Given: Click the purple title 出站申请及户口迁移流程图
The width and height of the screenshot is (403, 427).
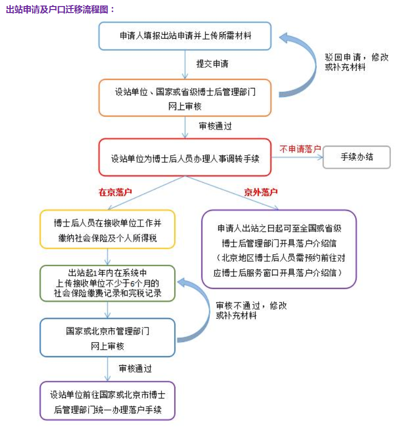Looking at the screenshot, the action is point(60,10).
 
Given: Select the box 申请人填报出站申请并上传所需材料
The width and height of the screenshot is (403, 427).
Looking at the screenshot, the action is point(185,36).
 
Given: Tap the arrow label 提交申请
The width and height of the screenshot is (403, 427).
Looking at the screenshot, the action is point(212,64).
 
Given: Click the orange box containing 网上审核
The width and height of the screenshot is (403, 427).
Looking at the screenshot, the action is point(185,98).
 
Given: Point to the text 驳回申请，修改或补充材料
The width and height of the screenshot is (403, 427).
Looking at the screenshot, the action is point(356,62).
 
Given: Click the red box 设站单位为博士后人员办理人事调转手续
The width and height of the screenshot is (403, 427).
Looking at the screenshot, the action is point(185,157).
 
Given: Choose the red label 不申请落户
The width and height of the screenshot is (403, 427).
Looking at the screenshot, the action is point(300,149).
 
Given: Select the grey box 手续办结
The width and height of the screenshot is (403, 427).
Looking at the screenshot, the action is point(357,157).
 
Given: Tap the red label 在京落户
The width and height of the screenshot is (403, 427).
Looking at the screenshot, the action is point(115,192).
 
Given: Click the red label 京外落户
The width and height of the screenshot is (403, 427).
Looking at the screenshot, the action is point(261,192).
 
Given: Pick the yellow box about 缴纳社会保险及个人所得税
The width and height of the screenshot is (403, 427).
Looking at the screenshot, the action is point(108,229).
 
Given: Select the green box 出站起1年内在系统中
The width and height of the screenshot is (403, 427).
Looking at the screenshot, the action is point(108,283).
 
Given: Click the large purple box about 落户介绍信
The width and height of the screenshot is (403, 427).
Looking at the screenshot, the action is point(279,249).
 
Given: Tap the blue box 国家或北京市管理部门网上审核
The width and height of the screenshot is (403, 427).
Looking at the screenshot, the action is point(108,338).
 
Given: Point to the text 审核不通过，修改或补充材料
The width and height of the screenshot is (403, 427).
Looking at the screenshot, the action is point(251,310).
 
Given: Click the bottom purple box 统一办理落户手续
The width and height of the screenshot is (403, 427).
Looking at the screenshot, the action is point(108,401).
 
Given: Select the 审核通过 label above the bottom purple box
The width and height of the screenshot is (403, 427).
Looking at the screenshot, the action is point(135,368).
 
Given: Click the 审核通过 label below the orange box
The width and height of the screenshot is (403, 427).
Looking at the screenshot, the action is point(215,126).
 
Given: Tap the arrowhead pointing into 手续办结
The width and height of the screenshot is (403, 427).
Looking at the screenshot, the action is point(320,157).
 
